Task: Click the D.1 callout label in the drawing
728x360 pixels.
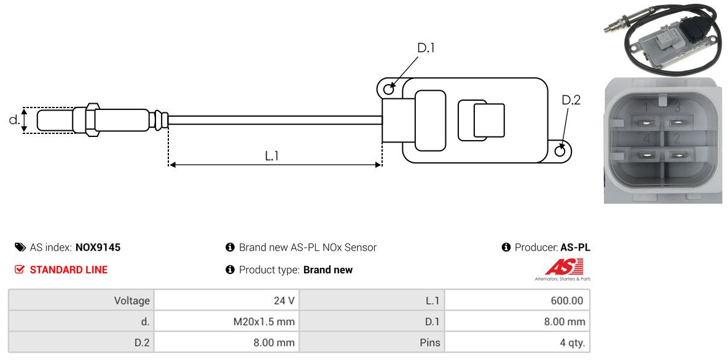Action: click(x=426, y=48)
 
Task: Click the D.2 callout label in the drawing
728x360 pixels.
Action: click(x=571, y=100)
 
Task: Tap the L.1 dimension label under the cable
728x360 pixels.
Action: click(x=272, y=156)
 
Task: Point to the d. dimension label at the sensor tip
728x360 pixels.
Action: click(x=14, y=120)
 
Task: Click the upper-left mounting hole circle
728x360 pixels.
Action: click(x=388, y=90)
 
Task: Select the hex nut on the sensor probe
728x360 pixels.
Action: click(x=90, y=120)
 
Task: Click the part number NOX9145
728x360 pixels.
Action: click(x=98, y=248)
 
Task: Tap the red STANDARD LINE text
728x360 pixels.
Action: click(x=68, y=270)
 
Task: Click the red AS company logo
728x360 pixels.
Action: click(x=562, y=267)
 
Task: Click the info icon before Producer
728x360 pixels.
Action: click(x=506, y=248)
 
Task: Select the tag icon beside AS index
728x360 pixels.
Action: click(x=20, y=248)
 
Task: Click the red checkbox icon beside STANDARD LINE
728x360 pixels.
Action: click(x=20, y=270)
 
